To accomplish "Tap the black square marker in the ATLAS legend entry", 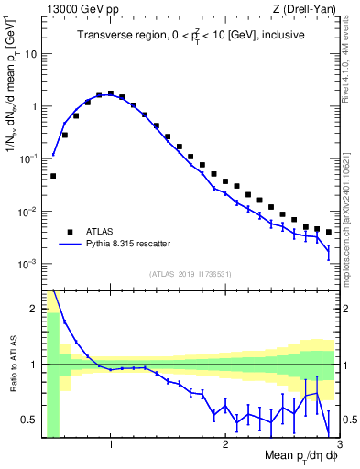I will click(70, 232).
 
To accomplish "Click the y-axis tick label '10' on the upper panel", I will click(30, 53).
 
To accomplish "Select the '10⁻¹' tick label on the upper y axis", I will click(27, 158).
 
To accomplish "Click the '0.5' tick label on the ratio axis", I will click(28, 420).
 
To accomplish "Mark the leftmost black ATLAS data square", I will click(53, 176).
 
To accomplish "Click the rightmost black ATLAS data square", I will click(328, 232).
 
